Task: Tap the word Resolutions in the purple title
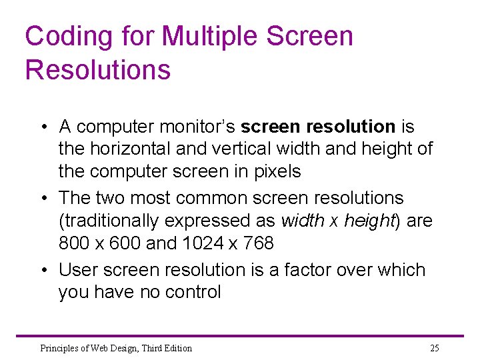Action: coord(98,70)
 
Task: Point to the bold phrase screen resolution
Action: coord(318,127)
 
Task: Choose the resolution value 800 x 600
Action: coord(100,243)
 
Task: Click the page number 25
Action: coord(435,348)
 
